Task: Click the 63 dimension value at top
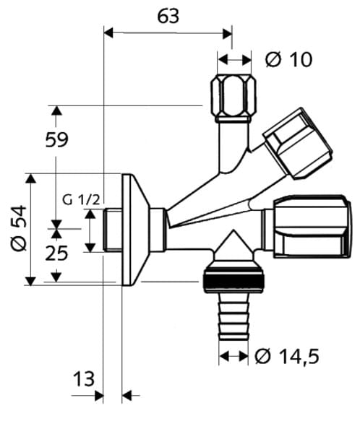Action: (x=168, y=16)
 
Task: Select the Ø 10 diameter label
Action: (x=288, y=60)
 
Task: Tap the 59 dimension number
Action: (x=56, y=140)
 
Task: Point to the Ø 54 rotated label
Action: (x=19, y=228)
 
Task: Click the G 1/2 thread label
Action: (x=81, y=200)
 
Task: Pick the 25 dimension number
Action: (x=56, y=253)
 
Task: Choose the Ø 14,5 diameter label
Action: (x=287, y=357)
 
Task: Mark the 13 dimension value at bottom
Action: (x=84, y=379)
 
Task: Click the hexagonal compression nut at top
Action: (x=233, y=99)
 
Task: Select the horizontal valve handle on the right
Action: (x=312, y=227)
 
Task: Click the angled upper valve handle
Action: (x=298, y=144)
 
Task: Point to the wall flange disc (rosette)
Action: (x=135, y=230)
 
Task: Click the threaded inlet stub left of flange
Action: (x=112, y=230)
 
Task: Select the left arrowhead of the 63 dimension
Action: (x=108, y=32)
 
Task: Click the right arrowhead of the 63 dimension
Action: (x=228, y=34)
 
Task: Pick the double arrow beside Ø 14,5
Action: (x=233, y=357)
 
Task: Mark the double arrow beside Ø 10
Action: (x=234, y=60)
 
